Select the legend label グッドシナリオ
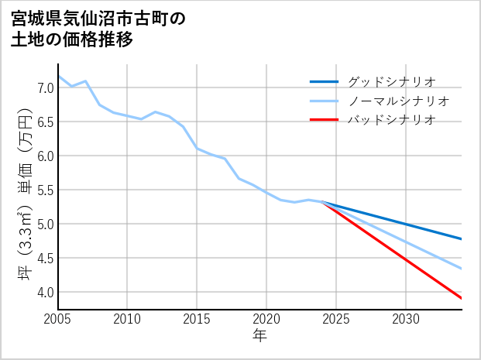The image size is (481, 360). point(391,81)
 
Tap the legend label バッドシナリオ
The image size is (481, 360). point(391,120)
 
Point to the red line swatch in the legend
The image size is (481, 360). point(324,120)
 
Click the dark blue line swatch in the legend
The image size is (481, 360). point(324,81)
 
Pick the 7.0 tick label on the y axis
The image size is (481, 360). point(45,87)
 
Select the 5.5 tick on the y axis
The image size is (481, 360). point(45,190)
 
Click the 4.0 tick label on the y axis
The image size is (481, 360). point(45,292)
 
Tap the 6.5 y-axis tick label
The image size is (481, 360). point(45,122)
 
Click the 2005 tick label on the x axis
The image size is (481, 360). point(57,319)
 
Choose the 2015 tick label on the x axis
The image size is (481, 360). point(197,319)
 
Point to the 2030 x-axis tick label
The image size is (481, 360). point(406,319)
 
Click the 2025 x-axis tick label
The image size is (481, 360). point(336,319)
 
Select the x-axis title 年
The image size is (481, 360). point(259,336)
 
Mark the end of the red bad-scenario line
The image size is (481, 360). point(462,298)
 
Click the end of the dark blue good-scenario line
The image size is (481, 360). point(462,238)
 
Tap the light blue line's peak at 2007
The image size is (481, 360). point(85,81)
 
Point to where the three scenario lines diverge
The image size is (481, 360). point(322,202)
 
